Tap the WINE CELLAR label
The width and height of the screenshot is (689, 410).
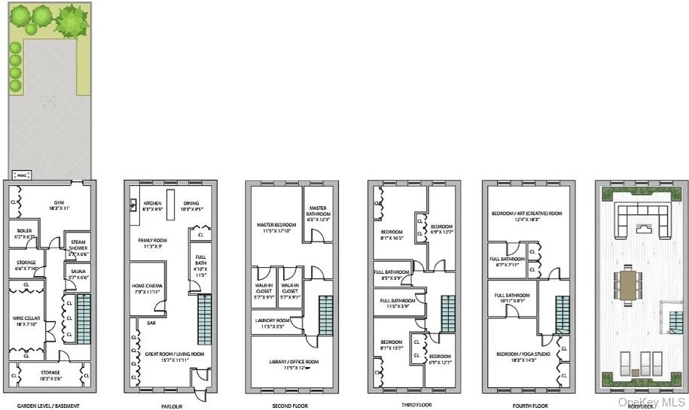[x=25, y=319]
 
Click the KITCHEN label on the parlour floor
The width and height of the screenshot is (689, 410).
[x=153, y=204]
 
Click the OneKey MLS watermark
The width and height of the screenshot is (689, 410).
[x=652, y=402]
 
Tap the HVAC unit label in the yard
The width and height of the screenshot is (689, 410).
[x=23, y=175]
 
